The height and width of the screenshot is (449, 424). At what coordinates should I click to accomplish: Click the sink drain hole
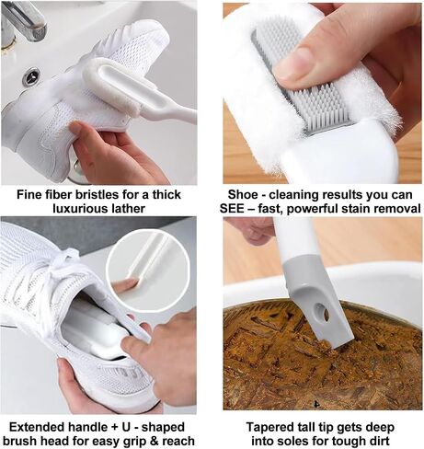[x=31, y=77]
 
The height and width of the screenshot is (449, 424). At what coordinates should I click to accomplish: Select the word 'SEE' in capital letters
[x=232, y=209]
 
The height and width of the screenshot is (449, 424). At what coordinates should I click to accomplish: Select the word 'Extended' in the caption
[x=36, y=427]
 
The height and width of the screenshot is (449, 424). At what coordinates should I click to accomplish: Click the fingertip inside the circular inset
[x=128, y=282]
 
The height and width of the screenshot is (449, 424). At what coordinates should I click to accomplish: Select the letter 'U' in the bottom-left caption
[x=123, y=427]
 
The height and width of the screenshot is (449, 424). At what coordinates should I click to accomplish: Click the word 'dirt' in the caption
[x=379, y=442]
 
